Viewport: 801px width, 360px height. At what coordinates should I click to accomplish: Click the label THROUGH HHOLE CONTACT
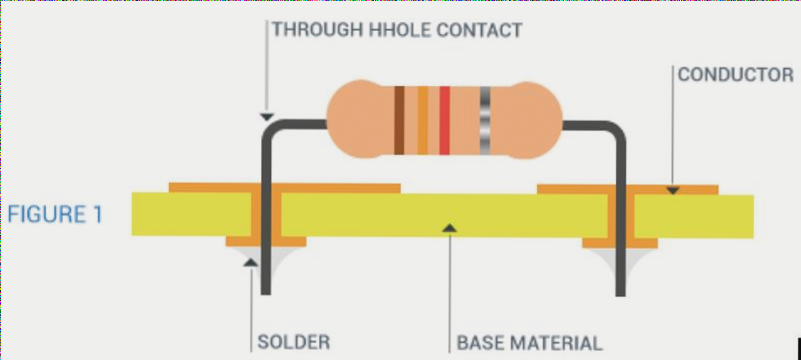point(397,30)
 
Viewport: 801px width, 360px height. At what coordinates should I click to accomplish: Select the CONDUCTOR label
point(735,74)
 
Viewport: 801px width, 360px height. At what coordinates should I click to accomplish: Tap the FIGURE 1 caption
point(54,214)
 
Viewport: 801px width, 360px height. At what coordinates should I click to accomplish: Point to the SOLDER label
point(294,342)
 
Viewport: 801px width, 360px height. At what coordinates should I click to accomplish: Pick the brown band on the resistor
point(399,120)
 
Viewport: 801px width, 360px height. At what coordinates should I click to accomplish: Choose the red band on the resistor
point(444,120)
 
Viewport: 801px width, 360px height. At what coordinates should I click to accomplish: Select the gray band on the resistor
point(486,120)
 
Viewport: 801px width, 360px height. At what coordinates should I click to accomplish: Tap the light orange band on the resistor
point(422,120)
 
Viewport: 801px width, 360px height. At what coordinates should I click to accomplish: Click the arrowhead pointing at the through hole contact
point(266,117)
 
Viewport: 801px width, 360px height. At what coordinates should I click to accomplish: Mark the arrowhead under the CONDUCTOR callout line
point(673,188)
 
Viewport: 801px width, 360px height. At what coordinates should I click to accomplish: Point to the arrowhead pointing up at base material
point(449,230)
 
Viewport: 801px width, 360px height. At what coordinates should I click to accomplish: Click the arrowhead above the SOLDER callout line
point(250,262)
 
